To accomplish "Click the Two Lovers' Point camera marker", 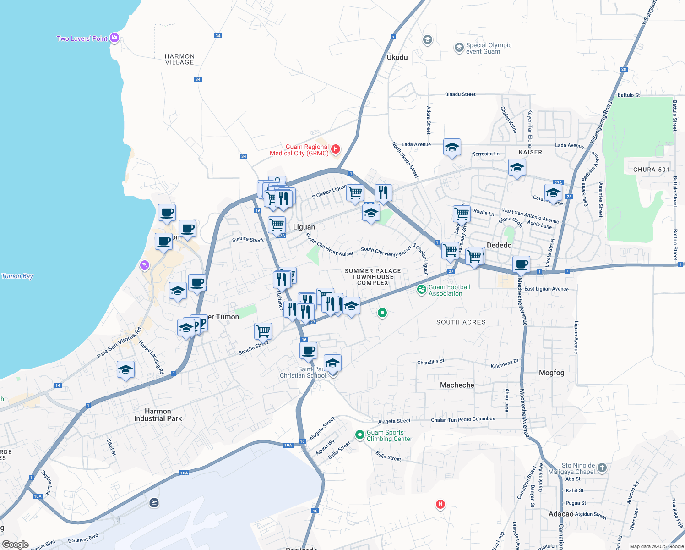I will click(114, 38).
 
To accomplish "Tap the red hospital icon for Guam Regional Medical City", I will click(336, 149).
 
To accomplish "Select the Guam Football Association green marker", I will click(422, 290).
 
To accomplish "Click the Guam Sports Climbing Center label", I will click(389, 435).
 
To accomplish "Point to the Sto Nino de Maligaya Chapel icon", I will click(602, 468).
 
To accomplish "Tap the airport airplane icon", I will click(154, 503).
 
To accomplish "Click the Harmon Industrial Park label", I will click(158, 415).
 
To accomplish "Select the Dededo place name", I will click(499, 245).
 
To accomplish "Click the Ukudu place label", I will click(397, 57).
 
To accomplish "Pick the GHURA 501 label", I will click(651, 170).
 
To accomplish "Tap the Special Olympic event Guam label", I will click(489, 48).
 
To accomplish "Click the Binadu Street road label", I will click(460, 94).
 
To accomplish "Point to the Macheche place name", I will click(457, 385).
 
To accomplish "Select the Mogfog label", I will click(551, 373).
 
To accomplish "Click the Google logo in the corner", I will click(15, 544).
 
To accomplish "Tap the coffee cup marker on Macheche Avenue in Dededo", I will click(521, 264).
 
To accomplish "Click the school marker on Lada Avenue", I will click(452, 148).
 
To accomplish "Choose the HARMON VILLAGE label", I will click(179, 59).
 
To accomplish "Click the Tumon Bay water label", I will click(17, 276).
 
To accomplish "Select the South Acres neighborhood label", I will click(461, 322).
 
